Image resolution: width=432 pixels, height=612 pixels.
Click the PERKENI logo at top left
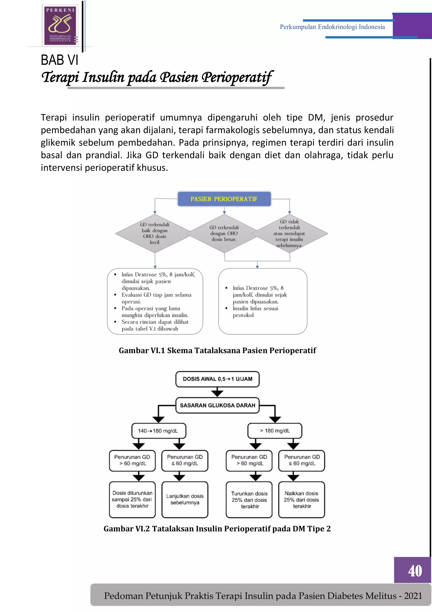[60, 25]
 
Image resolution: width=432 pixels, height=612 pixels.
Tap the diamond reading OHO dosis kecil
[155, 234]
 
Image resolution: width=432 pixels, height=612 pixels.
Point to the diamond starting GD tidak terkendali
[289, 234]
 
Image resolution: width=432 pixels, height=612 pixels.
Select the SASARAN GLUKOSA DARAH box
[217, 405]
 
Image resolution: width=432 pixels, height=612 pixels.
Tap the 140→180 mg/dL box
[159, 431]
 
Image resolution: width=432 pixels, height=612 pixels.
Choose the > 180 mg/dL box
[275, 431]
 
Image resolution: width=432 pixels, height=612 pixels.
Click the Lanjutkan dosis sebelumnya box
[185, 500]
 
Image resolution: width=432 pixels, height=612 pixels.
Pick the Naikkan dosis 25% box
[301, 500]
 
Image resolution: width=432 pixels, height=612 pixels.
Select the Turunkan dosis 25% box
[249, 500]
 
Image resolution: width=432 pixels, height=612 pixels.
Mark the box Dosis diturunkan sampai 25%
[132, 500]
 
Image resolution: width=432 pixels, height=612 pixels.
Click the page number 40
[415, 571]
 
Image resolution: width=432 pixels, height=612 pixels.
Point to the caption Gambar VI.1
[217, 351]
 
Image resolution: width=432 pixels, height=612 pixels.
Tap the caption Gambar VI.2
[217, 529]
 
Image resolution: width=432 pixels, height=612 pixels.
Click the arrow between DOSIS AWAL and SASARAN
[217, 392]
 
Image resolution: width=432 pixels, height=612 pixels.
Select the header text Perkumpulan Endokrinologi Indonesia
[332, 27]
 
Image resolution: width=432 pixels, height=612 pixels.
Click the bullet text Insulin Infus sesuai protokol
[255, 312]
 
